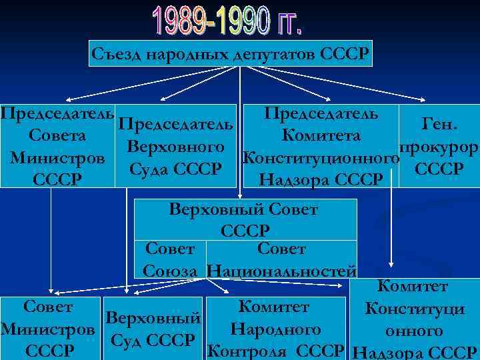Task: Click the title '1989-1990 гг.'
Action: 228,23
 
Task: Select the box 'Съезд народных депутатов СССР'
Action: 231,53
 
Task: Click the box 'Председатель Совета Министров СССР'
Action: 57,145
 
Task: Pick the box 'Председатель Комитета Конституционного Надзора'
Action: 322,145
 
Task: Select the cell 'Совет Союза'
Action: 171,260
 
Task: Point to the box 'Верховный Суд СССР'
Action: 153,328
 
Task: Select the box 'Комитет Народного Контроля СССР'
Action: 275,328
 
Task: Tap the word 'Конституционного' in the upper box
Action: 321,158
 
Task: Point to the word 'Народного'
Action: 275,329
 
